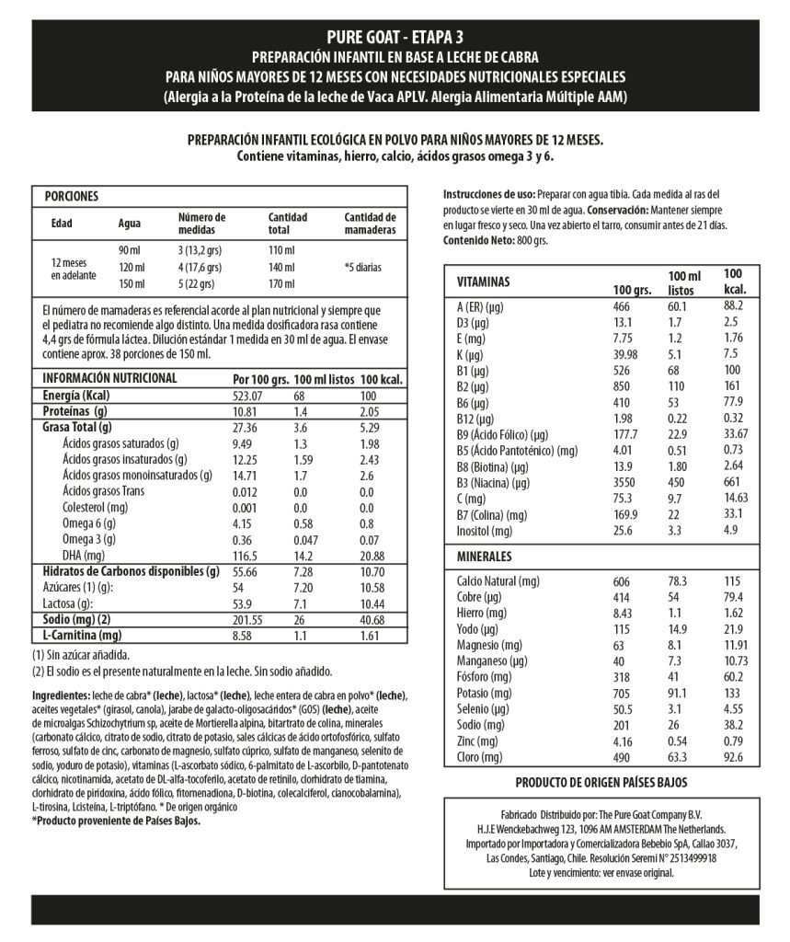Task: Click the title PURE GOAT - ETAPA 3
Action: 395,37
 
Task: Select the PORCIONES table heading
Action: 72,196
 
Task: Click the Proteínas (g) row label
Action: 75,411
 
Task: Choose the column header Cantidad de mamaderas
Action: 370,223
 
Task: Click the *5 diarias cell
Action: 362,267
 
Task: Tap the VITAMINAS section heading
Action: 483,281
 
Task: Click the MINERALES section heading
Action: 485,557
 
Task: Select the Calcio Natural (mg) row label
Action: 498,581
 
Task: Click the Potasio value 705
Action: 623,693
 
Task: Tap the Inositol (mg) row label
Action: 485,531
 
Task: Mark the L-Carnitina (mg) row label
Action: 82,635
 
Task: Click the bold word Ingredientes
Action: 61,695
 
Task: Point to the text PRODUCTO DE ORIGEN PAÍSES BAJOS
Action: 601,782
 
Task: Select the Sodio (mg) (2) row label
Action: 77,619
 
